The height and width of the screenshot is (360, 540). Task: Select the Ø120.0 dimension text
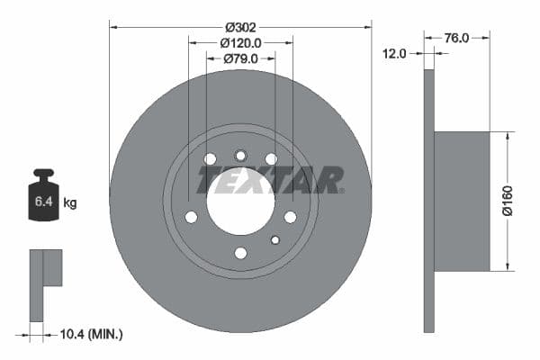[x=240, y=43]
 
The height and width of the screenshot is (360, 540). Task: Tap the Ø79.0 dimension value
[x=240, y=58]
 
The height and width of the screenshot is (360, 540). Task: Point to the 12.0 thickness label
[x=395, y=53]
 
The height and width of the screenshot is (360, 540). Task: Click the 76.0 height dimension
[x=456, y=38]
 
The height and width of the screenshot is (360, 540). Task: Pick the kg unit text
[x=70, y=203]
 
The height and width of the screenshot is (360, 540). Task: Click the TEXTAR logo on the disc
[x=269, y=180]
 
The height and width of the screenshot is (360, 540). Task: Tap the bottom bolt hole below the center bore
[x=240, y=253]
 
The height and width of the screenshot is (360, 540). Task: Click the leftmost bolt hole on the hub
[x=191, y=217]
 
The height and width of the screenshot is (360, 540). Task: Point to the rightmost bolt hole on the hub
[x=290, y=217]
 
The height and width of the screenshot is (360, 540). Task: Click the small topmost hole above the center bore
[x=240, y=155]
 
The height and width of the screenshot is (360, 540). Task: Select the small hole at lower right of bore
[x=275, y=238]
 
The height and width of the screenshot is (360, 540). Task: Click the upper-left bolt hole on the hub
[x=210, y=159]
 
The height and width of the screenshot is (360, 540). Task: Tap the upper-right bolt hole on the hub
[x=271, y=159]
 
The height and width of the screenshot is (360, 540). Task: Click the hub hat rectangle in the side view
[x=462, y=201]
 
